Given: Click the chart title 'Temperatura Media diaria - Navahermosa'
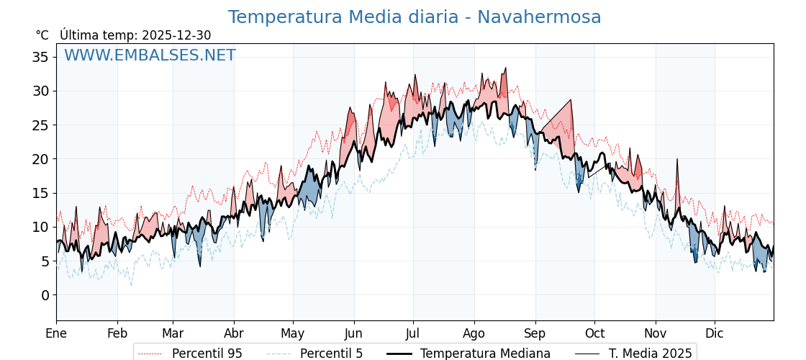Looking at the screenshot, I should (415, 17).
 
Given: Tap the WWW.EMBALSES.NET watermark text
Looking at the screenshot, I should (150, 55).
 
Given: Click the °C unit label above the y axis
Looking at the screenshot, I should (42, 35).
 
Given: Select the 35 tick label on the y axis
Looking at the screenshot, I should (41, 57).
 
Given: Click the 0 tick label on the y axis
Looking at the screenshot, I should (45, 295).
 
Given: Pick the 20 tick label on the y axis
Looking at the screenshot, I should (41, 159).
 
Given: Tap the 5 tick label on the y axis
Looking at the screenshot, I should (45, 261).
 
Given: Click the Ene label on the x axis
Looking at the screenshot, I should (56, 333).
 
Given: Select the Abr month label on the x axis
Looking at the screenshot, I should (234, 333).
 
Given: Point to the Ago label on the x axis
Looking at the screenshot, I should (474, 333).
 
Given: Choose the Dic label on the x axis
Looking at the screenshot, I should (715, 333).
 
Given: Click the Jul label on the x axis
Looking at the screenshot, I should (413, 333).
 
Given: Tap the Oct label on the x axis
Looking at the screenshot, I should (594, 333).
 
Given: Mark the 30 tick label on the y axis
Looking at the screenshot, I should (41, 91).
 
